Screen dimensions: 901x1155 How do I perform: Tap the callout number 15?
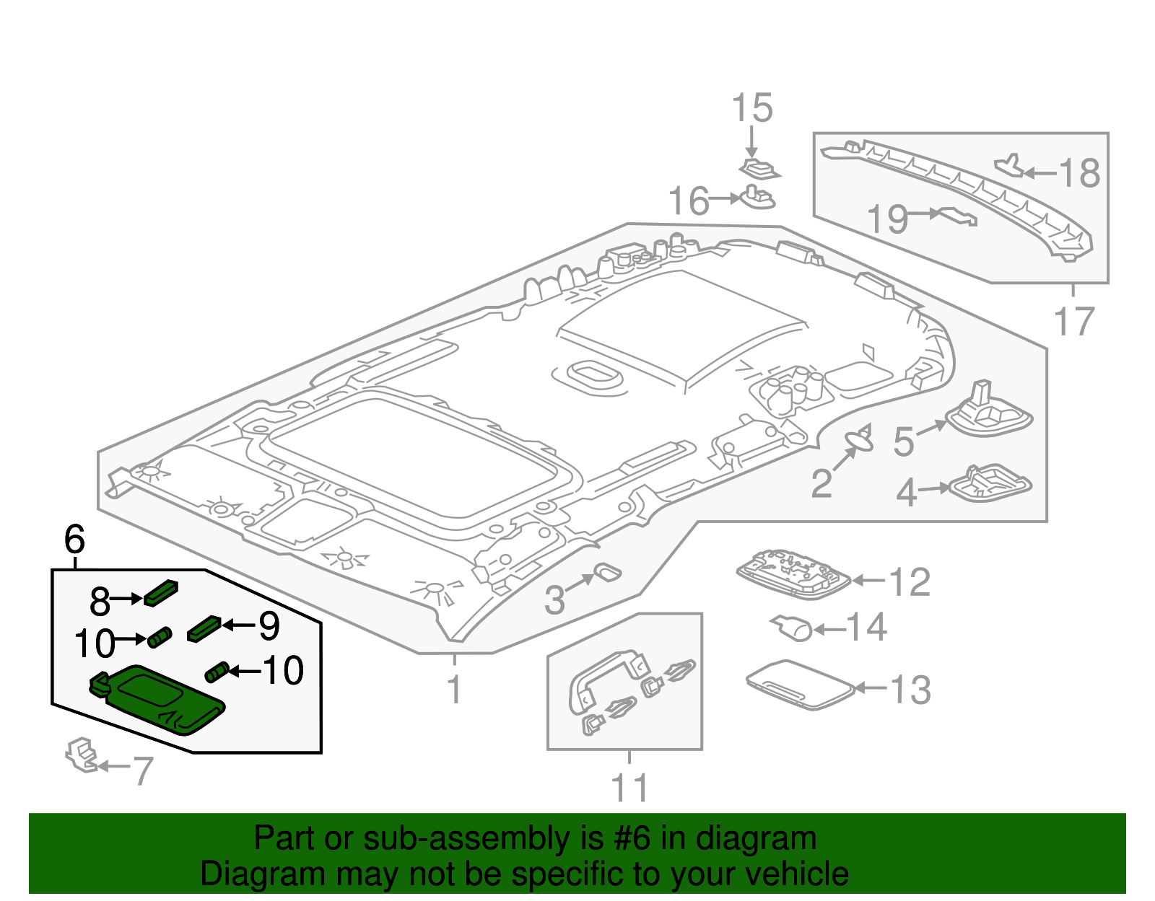click(751, 108)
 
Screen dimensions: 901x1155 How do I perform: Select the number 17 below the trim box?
click(1073, 322)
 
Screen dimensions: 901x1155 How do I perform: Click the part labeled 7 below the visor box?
click(81, 755)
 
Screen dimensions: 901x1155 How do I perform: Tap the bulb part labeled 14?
click(794, 629)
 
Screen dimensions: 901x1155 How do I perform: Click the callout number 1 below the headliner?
click(453, 690)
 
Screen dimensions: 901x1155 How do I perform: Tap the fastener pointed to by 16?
click(755, 198)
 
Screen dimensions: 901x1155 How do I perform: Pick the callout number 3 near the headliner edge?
click(554, 599)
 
